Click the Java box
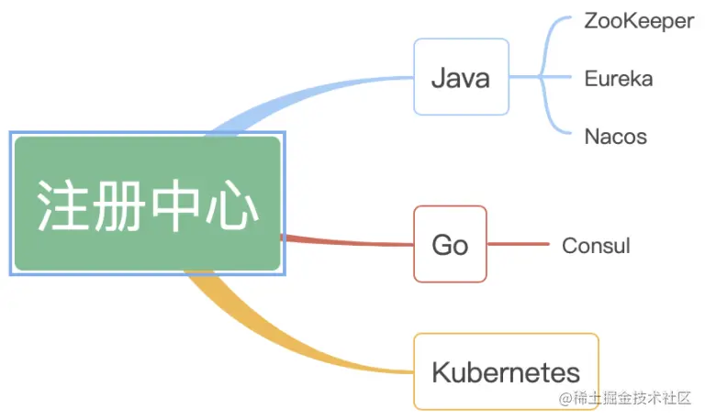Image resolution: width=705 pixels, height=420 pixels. [x=462, y=77]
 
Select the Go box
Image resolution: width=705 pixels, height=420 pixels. [x=450, y=244]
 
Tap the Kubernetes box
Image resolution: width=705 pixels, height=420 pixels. [x=507, y=371]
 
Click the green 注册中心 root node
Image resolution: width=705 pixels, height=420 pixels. [x=148, y=204]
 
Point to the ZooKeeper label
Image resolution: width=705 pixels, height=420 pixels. [x=639, y=21]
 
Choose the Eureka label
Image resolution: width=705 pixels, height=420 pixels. [x=619, y=79]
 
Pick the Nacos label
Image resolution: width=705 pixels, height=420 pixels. [x=616, y=137]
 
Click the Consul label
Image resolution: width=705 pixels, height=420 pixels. [x=596, y=246]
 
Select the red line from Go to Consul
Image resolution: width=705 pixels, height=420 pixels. [x=519, y=244]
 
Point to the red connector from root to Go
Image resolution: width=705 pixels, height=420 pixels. [x=347, y=242]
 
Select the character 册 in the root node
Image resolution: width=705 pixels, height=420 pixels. [x=119, y=205]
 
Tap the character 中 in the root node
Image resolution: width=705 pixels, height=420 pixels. [x=175, y=205]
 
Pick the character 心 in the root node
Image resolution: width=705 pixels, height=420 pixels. [x=231, y=205]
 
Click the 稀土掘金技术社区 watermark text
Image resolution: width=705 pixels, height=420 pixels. [x=632, y=398]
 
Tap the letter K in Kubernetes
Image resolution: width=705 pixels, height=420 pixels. [x=441, y=372]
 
